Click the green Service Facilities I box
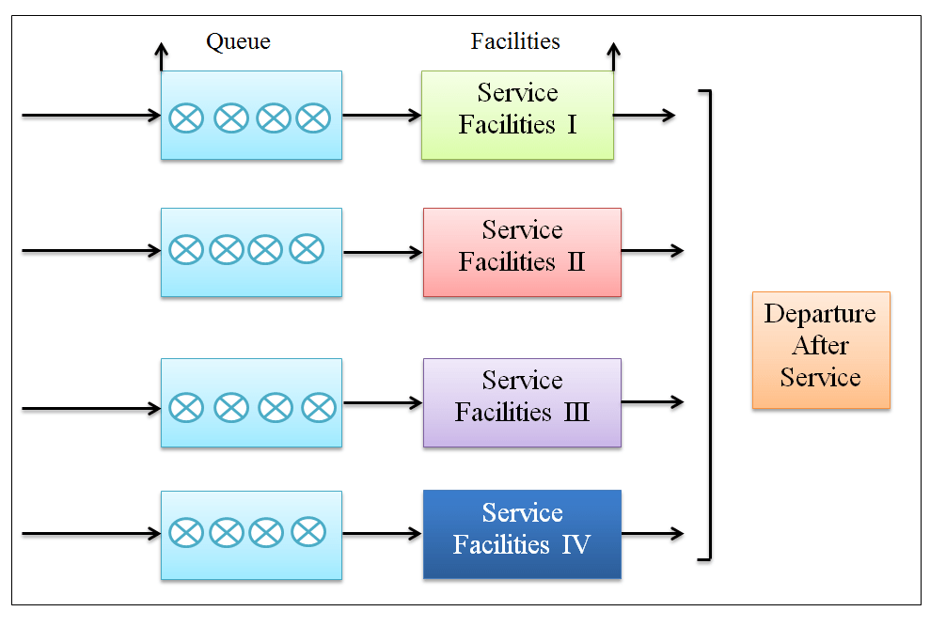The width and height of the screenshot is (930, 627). coord(517,115)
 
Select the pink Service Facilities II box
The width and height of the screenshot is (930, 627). coord(522,252)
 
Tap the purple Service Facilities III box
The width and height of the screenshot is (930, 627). coord(522,402)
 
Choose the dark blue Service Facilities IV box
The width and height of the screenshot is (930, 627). coord(522,534)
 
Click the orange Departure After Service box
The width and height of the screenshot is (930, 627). coord(821,350)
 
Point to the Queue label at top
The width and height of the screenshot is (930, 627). coord(238,41)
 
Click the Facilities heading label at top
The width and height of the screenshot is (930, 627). coord(515,41)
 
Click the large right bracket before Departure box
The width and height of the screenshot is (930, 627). coord(707,324)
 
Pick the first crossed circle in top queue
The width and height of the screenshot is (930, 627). coord(185,118)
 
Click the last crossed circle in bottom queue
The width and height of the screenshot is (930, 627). coord(307,533)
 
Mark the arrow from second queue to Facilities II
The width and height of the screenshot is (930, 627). coord(382,252)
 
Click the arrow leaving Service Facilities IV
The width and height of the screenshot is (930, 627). coord(652,534)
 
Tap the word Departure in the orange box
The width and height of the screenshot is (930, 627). coord(820,314)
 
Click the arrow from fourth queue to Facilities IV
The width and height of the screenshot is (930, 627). coord(382,534)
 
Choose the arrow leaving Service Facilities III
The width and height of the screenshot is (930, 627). coord(652,402)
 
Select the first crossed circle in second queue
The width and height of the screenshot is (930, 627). coord(185,250)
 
